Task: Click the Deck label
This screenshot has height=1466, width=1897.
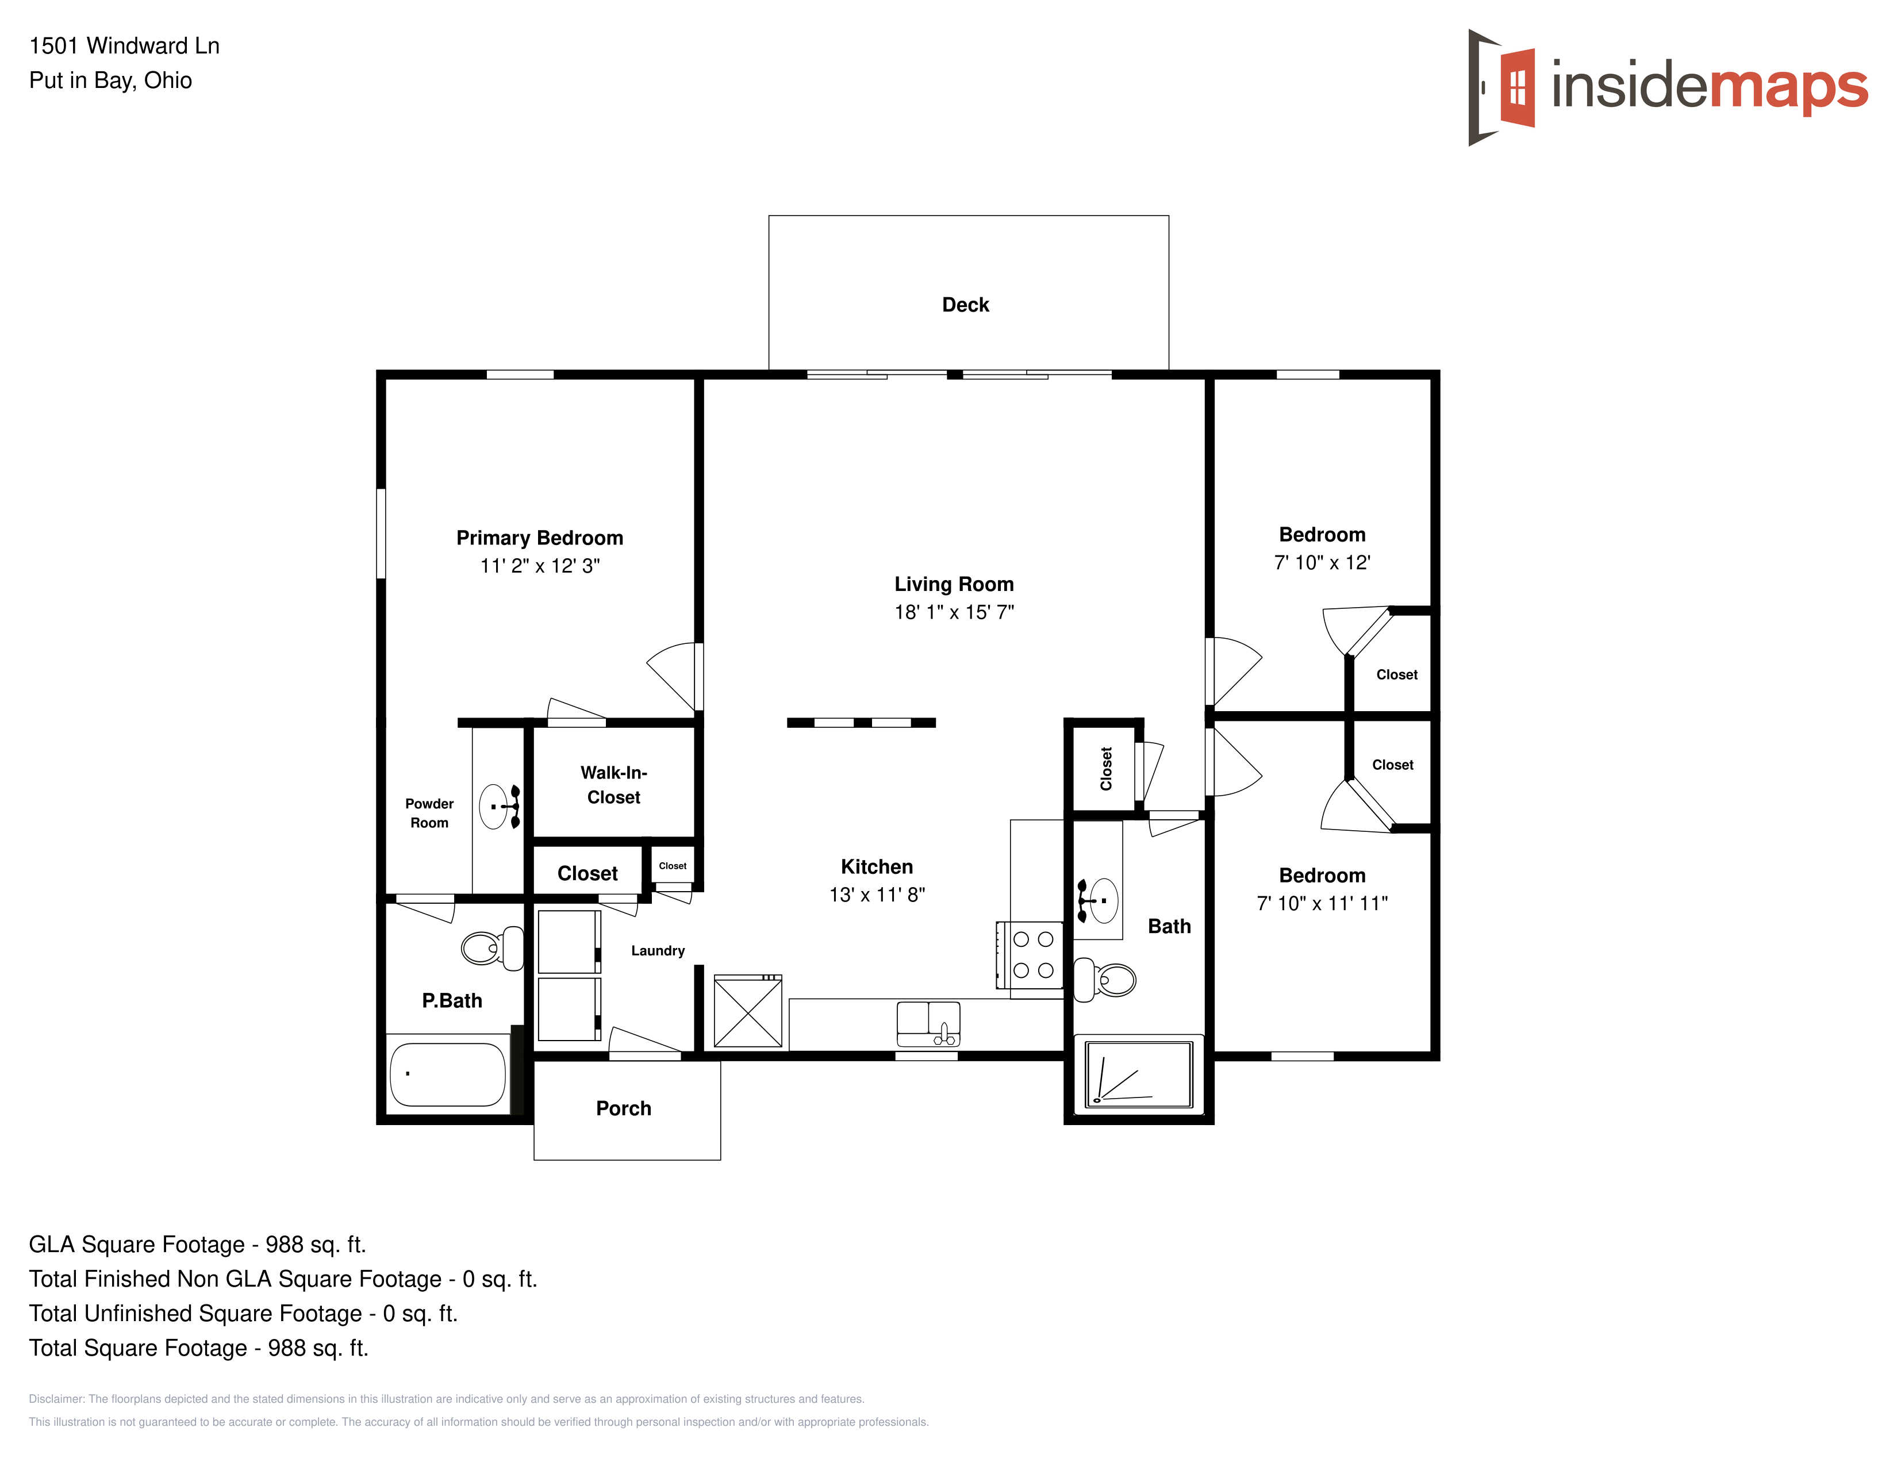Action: [x=965, y=305]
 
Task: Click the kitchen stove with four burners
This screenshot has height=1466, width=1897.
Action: [x=1030, y=954]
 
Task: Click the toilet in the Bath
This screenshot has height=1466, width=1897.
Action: [x=1105, y=980]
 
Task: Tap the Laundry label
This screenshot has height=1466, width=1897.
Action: [x=658, y=950]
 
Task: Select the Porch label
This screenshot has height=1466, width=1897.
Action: [x=624, y=1108]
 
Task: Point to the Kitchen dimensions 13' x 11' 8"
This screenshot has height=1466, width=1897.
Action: [x=877, y=895]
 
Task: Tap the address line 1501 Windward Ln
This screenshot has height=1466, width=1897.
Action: [x=124, y=46]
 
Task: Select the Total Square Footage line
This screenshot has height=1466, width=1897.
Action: [x=199, y=1348]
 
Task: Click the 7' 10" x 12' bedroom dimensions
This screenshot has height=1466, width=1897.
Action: [x=1322, y=563]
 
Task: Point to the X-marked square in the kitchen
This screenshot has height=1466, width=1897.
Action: [x=748, y=1011]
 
